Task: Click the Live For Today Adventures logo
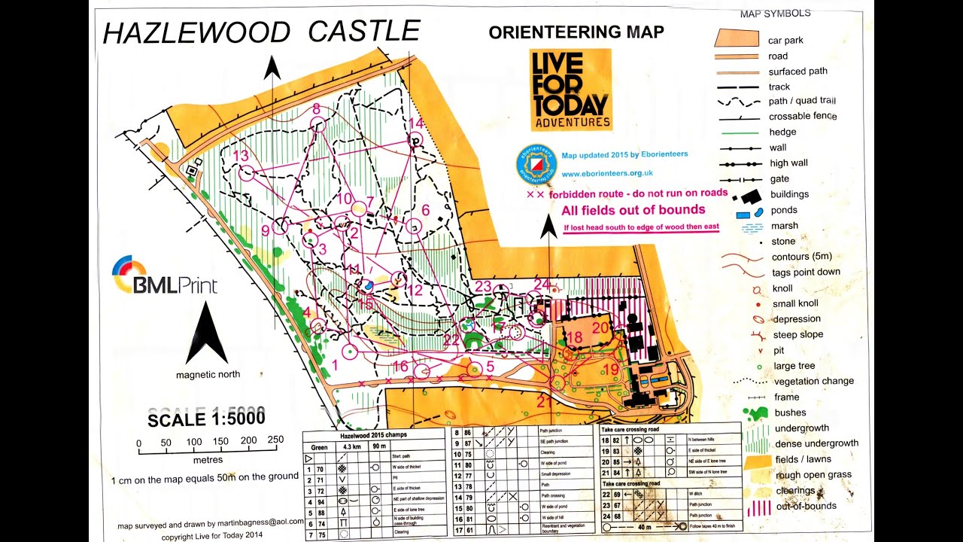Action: coord(570,90)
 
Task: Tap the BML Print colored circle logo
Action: coord(129,274)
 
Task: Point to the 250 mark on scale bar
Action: coord(275,441)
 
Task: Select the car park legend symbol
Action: coord(737,38)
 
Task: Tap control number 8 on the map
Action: coord(316,109)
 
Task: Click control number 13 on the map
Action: coord(241,156)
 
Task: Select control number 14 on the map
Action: coord(415,123)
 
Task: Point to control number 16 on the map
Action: coord(400,367)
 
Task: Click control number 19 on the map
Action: coord(611,369)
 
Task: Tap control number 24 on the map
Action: coord(542,284)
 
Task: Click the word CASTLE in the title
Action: coord(364,31)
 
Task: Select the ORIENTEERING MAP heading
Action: coord(576,32)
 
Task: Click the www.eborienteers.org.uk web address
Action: coord(607,173)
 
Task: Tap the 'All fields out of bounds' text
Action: coord(633,210)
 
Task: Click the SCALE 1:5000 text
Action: coord(206,419)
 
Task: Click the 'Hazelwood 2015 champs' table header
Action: coord(372,436)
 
